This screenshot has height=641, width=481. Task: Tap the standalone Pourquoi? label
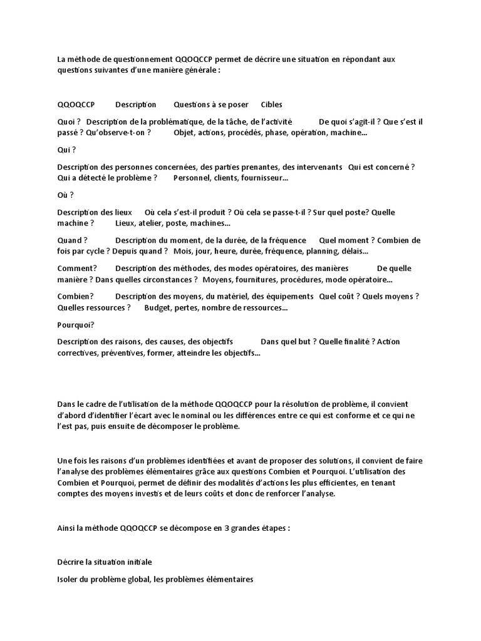(75, 324)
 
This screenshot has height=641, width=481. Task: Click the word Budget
(158, 307)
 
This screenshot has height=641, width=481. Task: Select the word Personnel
(194, 178)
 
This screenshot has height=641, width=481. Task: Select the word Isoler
(68, 579)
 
